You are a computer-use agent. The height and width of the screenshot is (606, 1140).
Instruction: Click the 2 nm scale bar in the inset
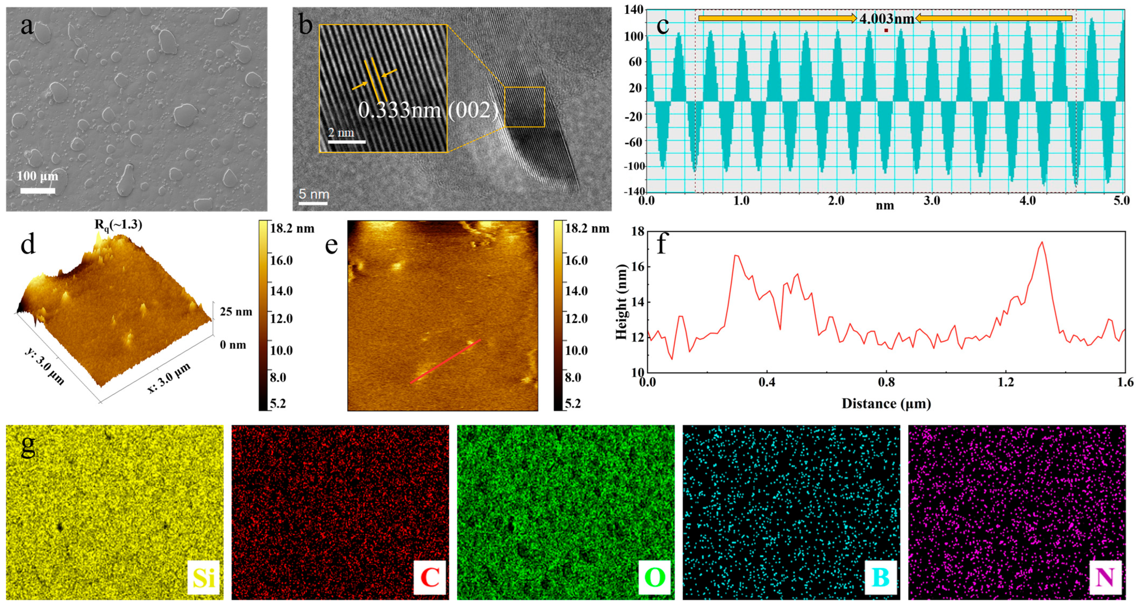point(347,142)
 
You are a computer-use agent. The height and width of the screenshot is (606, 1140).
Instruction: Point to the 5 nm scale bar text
point(314,194)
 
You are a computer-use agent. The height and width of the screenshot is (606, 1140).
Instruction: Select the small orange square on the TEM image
point(525,107)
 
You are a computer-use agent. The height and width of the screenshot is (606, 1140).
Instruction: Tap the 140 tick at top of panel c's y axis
point(634,9)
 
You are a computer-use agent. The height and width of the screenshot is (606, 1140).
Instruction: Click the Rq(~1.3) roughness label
point(118,225)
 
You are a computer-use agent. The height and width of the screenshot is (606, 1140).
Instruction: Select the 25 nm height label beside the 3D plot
point(236,312)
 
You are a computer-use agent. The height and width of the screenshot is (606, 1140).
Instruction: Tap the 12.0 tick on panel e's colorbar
point(577,318)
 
